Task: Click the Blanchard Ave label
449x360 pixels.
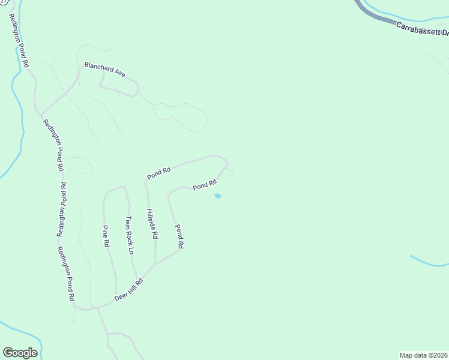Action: pos(104,69)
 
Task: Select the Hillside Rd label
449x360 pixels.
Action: pos(151,224)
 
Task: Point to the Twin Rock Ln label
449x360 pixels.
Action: pos(128,235)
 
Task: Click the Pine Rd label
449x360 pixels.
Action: pos(106,236)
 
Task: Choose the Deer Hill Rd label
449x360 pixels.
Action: pos(130,291)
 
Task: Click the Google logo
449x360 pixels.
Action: pos(20,353)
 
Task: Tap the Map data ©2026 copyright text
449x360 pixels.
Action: pos(424,355)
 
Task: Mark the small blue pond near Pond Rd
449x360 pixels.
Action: pos(218,196)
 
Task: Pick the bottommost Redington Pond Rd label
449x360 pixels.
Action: pos(66,274)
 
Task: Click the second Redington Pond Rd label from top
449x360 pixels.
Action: pos(52,146)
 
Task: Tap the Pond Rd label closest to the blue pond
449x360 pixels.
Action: pos(204,185)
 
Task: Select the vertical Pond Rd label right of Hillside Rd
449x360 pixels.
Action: pos(178,236)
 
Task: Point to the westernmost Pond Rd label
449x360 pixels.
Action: pos(159,173)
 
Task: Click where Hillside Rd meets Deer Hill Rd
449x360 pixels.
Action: pos(155,265)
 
